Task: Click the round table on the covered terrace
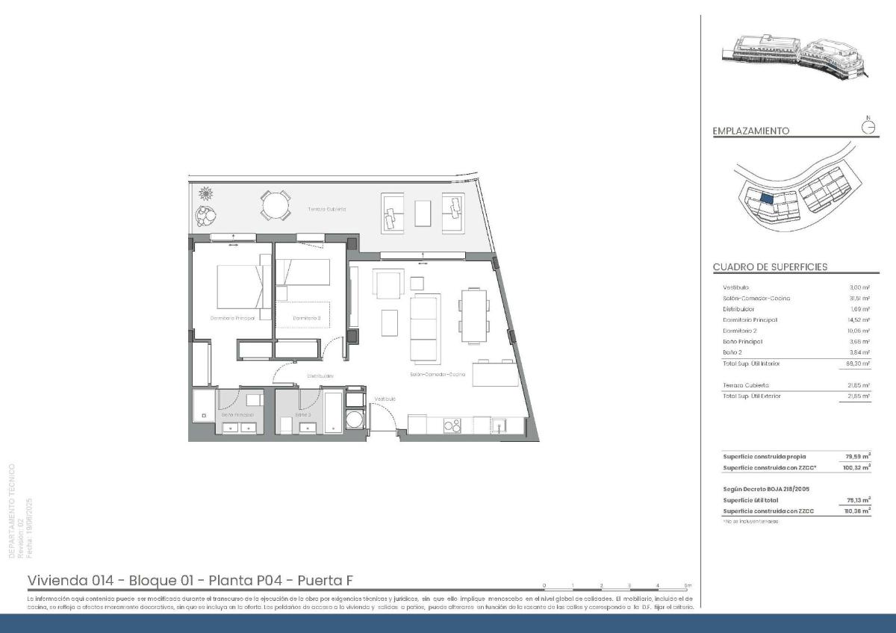276,205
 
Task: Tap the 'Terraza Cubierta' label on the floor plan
326,210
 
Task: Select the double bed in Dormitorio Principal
240,287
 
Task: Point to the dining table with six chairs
472,316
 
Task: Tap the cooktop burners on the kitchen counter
452,426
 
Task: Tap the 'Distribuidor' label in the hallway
320,376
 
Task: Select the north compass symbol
868,126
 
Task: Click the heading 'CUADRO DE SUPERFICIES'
770,267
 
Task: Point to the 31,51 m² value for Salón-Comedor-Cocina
859,299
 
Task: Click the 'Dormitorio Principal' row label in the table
750,319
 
